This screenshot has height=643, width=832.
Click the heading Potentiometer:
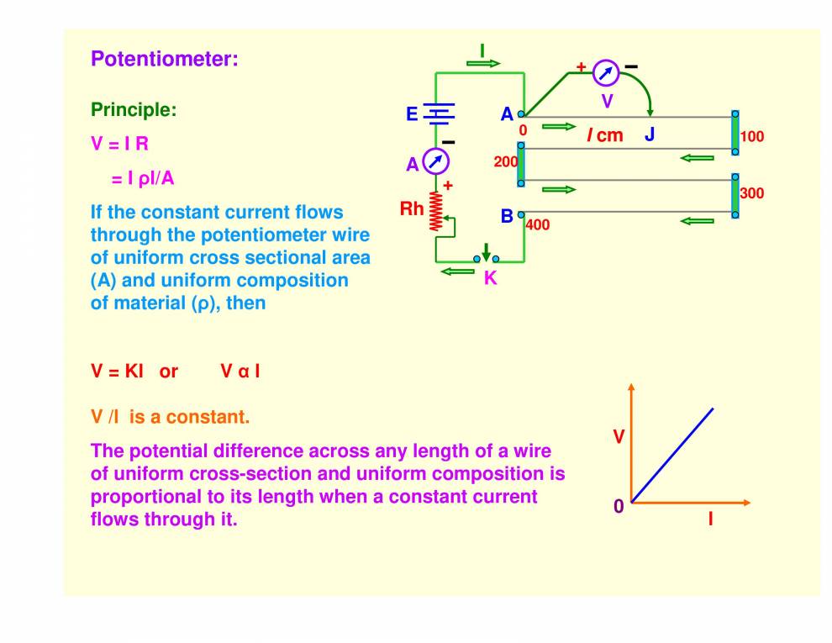[x=165, y=60]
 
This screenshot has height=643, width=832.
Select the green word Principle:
[x=134, y=110]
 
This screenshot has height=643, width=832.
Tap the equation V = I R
[x=119, y=144]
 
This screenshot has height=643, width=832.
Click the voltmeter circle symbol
[x=605, y=73]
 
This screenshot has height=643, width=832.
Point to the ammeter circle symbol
[x=435, y=161]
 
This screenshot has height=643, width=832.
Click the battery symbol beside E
[x=437, y=113]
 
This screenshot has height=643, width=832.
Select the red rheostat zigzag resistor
[x=435, y=211]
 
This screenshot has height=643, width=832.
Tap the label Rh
[x=412, y=208]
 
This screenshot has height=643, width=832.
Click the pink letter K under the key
[x=490, y=279]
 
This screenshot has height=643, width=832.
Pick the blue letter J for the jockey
[x=650, y=134]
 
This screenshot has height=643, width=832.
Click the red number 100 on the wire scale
[x=751, y=136]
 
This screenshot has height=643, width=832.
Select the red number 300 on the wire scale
[x=751, y=193]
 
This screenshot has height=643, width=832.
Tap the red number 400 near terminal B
[x=537, y=225]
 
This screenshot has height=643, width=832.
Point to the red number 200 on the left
[x=505, y=161]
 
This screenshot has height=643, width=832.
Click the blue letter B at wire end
[x=507, y=216]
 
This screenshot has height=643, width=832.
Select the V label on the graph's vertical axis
[x=619, y=437]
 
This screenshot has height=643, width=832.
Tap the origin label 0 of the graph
[x=619, y=506]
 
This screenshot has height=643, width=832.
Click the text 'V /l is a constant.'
[x=170, y=417]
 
